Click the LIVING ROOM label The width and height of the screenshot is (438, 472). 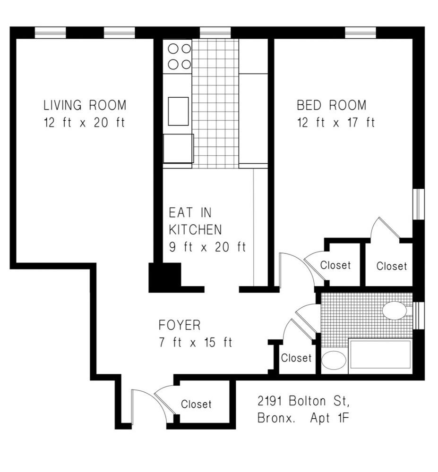pos(85,104)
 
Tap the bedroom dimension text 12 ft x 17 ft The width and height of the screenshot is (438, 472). pos(335,123)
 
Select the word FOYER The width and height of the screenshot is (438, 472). pos(180,325)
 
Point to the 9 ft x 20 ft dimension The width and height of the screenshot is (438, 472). pos(207,247)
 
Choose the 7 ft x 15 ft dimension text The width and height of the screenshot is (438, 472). pos(196,343)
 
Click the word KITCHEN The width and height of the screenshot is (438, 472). pos(195,230)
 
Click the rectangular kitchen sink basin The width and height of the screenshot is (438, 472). pos(178,111)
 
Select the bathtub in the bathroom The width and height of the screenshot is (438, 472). pos(380,355)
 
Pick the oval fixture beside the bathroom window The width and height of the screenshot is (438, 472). pos(394,311)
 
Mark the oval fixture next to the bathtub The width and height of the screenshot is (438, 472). pos(334,361)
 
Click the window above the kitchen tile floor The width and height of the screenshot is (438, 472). pos(215,32)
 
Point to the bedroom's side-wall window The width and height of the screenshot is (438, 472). pos(418,204)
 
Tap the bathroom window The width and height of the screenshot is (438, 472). pos(418,314)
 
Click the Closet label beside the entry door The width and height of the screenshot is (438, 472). pos(196,405)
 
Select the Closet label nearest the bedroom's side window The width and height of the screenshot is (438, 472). pos(391,266)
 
